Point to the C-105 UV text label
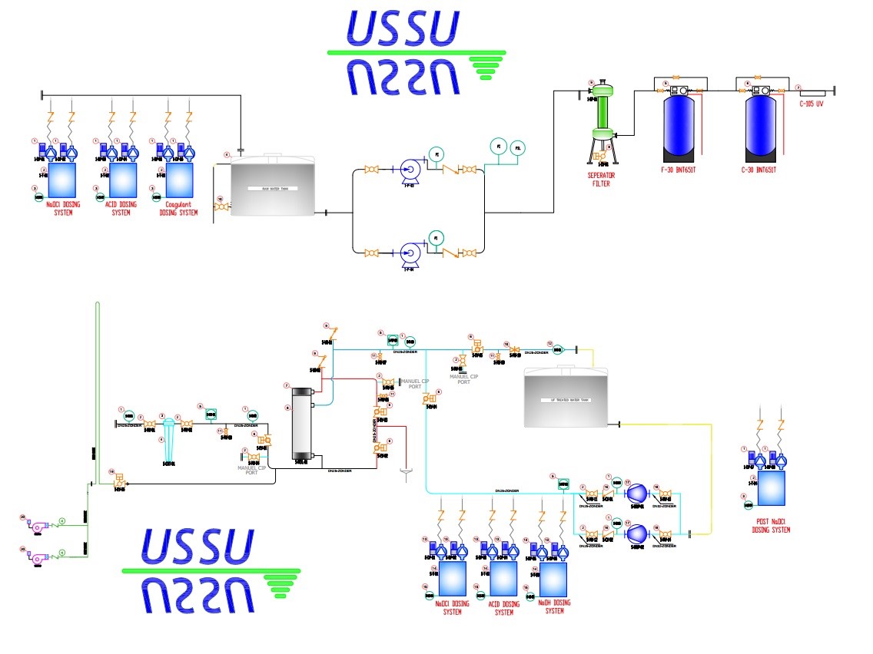[812, 104]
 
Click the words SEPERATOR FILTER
[601, 179]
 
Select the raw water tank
[273, 188]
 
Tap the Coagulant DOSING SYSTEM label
[178, 208]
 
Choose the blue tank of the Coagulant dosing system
[180, 179]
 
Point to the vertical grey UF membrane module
[300, 424]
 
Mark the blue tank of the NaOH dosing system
[552, 580]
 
